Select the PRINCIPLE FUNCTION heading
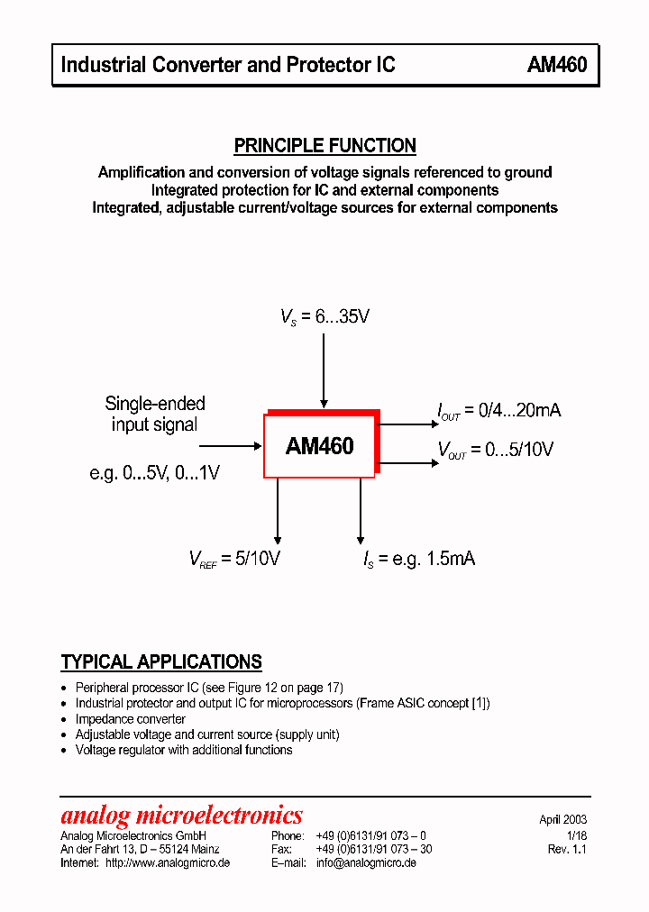click(324, 145)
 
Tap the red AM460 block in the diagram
click(319, 446)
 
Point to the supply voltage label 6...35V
click(324, 317)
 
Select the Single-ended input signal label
click(155, 414)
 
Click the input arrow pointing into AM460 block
click(230, 445)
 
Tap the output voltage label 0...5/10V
click(495, 450)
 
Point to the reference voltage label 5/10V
click(234, 559)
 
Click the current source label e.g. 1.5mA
click(418, 559)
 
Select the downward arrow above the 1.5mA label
click(361, 509)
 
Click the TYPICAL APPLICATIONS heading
click(161, 662)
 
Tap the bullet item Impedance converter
click(130, 719)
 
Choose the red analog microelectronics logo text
click(181, 816)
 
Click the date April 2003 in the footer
click(562, 820)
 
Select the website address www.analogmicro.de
click(167, 862)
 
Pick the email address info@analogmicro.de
click(366, 862)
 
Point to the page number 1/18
click(577, 835)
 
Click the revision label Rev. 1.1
click(567, 849)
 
